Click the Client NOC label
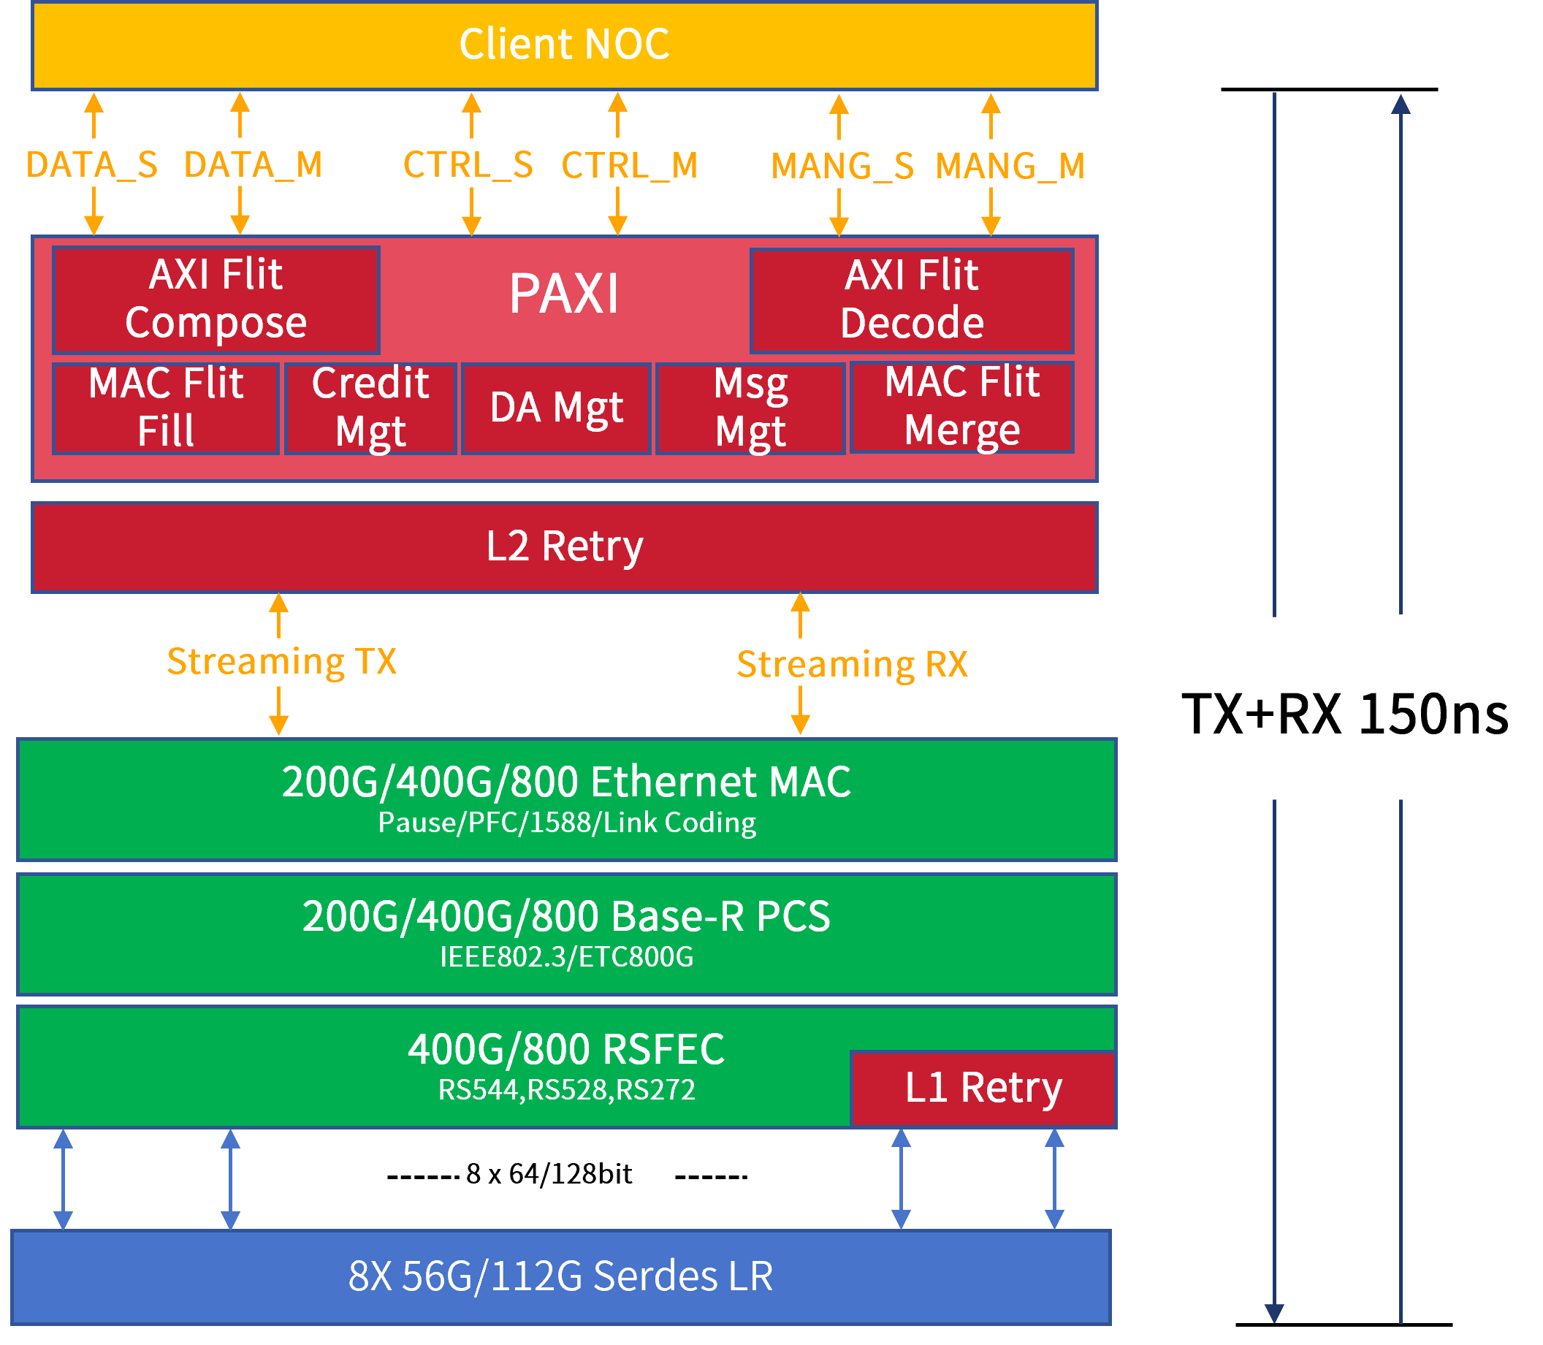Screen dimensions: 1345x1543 click(x=564, y=45)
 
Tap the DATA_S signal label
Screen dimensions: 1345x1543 click(x=92, y=165)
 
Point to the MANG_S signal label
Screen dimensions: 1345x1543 click(x=842, y=167)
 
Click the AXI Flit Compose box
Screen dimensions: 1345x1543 click(x=216, y=300)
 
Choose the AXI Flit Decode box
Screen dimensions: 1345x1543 click(x=912, y=300)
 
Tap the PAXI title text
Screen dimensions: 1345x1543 click(x=564, y=294)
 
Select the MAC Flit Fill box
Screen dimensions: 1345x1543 click(x=166, y=408)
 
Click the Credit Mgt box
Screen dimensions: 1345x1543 click(x=370, y=408)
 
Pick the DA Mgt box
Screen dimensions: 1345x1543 click(x=556, y=408)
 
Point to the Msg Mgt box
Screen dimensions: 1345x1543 click(x=750, y=408)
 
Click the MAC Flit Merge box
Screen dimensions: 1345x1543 click(x=962, y=407)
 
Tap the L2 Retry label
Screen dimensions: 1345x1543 click(x=564, y=546)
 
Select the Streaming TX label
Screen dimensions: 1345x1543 click(x=281, y=662)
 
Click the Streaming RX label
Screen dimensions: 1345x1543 click(x=852, y=665)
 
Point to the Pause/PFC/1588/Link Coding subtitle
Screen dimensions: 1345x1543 click(x=567, y=823)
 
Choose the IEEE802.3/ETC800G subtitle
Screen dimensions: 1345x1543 click(x=567, y=958)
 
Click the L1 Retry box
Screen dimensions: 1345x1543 click(x=983, y=1089)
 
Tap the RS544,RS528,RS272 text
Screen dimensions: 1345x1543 click(x=567, y=1090)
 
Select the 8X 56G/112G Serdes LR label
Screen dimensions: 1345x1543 click(x=560, y=1276)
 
